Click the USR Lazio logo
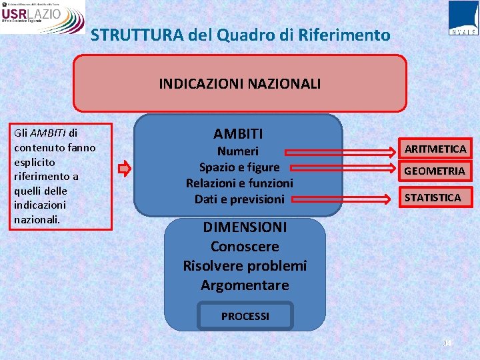pyautogui.click(x=43, y=17)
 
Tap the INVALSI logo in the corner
pyautogui.click(x=463, y=18)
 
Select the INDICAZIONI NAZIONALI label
pyautogui.click(x=239, y=83)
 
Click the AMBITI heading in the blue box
pyautogui.click(x=238, y=134)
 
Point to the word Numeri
pyautogui.click(x=238, y=151)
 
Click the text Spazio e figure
pyautogui.click(x=239, y=167)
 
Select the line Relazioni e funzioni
pyautogui.click(x=239, y=183)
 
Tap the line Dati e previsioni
pyautogui.click(x=239, y=199)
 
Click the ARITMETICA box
pyautogui.click(x=435, y=149)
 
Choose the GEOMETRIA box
pyautogui.click(x=435, y=171)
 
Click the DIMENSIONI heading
pyautogui.click(x=245, y=227)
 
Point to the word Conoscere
pyautogui.click(x=245, y=247)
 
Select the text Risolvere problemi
pyautogui.click(x=245, y=265)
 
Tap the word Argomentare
pyautogui.click(x=245, y=285)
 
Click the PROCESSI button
pyautogui.click(x=245, y=316)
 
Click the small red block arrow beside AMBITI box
pyautogui.click(x=124, y=169)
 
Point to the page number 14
pyautogui.click(x=447, y=343)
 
